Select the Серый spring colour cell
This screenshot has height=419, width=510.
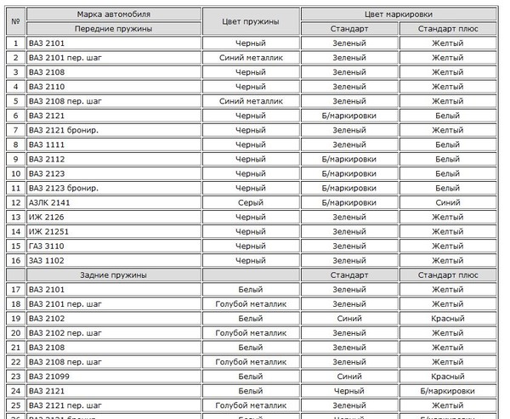pos(250,202)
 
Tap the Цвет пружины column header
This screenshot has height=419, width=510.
pos(250,20)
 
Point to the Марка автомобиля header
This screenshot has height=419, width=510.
pos(113,14)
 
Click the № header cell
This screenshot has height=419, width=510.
pos(15,20)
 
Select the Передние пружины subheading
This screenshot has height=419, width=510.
pos(113,28)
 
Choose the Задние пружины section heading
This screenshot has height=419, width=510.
pos(113,275)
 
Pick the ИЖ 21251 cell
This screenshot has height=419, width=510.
pos(48,231)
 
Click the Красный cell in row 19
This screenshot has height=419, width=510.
pos(447,318)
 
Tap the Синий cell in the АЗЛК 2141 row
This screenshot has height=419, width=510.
pos(447,202)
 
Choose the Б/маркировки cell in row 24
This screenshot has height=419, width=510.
pos(447,390)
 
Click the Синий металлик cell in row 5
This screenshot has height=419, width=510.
pos(250,101)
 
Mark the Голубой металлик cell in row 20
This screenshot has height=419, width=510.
pos(250,332)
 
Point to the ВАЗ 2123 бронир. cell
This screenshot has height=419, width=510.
pos(64,188)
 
